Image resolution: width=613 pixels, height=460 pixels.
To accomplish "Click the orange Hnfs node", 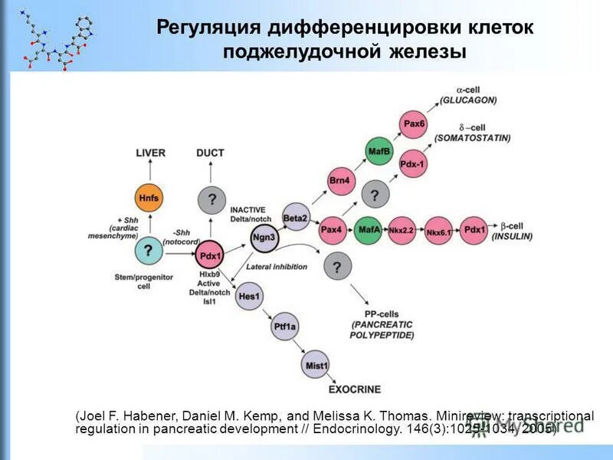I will (149, 198).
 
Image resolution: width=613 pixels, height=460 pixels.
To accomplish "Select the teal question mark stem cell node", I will (149, 250).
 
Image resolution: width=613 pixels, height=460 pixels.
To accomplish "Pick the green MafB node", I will (380, 149).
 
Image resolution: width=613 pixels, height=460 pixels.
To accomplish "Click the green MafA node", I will (368, 229).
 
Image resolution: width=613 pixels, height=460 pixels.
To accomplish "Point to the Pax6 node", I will (414, 123).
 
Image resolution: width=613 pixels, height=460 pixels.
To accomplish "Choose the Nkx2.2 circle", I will (402, 230).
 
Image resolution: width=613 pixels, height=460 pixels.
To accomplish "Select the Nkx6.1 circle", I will (438, 230).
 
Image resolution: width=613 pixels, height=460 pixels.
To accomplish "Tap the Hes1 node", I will (250, 296).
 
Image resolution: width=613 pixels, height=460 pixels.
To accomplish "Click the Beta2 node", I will (295, 218).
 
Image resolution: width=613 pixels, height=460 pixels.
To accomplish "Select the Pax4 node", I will (332, 229).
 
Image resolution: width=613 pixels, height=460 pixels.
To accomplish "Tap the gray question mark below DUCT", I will (211, 200).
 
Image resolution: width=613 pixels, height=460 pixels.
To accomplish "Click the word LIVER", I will (150, 153).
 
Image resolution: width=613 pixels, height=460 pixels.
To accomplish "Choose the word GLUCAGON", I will (468, 100).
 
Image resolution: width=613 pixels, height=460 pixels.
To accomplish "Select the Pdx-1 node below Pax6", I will (414, 164).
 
